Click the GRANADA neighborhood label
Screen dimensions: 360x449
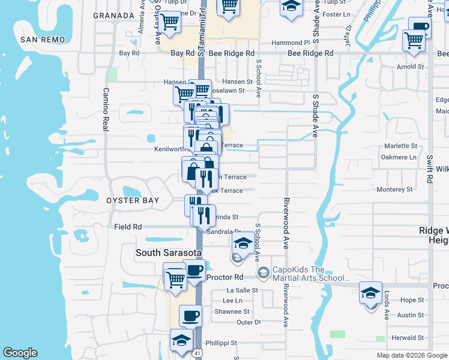[x=114, y=16]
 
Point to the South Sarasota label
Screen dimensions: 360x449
[x=165, y=253]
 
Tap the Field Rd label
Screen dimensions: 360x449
[x=127, y=227]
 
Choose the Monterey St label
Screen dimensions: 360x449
[x=394, y=189]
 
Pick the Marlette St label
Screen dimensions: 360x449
[x=399, y=146]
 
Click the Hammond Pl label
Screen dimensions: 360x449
[x=290, y=43]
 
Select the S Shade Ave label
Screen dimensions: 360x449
[x=315, y=115]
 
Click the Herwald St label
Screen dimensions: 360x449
[x=408, y=338]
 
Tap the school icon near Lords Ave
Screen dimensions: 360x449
[x=370, y=294]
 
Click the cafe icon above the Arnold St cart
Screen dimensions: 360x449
[x=420, y=28]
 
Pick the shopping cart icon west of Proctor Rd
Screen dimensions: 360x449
[x=175, y=279]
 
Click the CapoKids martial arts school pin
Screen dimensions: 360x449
[x=263, y=274]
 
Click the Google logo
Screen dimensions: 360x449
[x=20, y=353]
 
